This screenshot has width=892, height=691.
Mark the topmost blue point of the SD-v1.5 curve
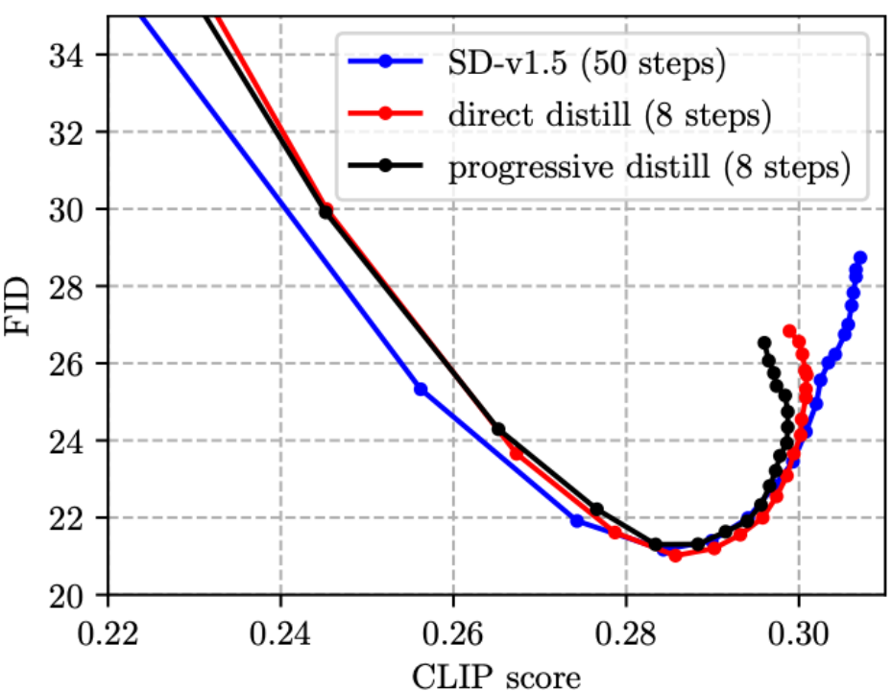(859, 257)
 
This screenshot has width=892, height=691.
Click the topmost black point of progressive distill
(764, 343)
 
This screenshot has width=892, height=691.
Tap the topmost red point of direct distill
(789, 330)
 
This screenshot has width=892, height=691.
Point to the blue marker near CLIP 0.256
(421, 389)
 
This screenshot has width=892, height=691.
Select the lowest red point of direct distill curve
(675, 556)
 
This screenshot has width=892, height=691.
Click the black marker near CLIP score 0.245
(325, 212)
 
